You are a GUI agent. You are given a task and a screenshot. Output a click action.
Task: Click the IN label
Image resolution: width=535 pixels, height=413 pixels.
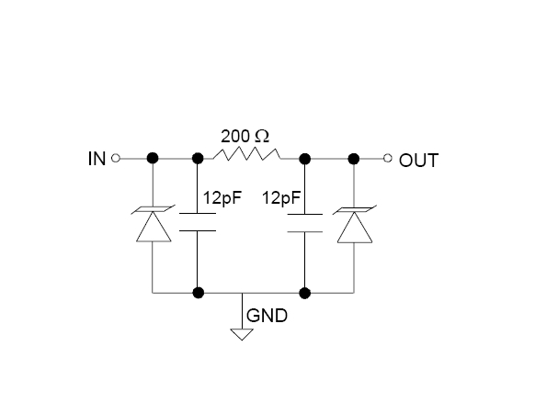click(97, 159)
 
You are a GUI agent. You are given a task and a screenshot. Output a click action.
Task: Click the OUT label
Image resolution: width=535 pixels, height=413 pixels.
click(418, 161)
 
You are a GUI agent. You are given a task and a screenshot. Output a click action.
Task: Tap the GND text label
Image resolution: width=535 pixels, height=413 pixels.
click(267, 316)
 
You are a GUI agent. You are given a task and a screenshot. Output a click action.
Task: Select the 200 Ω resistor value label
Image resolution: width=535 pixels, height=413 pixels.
click(245, 137)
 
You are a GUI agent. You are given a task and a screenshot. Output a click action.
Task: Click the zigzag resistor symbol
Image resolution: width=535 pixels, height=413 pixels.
click(247, 154)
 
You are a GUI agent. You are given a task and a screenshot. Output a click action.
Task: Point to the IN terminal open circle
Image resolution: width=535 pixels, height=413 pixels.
click(116, 159)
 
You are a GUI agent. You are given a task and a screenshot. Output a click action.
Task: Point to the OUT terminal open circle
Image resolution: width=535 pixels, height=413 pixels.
click(388, 158)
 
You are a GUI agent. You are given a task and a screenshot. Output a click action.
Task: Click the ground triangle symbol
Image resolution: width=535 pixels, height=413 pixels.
click(242, 334)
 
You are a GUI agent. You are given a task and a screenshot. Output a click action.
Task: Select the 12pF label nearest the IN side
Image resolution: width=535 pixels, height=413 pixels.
click(222, 197)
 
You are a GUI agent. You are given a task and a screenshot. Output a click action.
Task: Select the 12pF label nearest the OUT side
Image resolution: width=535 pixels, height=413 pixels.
click(281, 197)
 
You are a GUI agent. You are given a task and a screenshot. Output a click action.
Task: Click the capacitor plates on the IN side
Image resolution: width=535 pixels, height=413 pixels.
click(198, 222)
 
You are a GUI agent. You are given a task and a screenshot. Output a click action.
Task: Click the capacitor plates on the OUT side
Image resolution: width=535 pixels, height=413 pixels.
click(304, 223)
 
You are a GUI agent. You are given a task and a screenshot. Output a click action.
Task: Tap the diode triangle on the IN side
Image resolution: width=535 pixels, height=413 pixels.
click(154, 227)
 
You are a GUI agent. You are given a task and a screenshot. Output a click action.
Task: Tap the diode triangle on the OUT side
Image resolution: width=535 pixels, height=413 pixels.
click(355, 228)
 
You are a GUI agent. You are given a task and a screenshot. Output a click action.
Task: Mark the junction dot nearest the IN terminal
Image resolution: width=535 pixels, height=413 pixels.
click(153, 159)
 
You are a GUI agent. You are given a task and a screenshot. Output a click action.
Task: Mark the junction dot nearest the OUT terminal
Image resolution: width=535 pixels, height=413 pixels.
click(354, 159)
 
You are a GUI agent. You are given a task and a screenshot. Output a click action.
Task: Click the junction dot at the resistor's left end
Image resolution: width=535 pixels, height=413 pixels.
click(198, 159)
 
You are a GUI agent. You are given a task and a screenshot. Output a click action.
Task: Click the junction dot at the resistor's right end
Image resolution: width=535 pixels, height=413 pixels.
click(304, 159)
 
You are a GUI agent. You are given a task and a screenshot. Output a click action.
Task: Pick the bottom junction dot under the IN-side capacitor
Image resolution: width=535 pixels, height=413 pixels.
click(199, 293)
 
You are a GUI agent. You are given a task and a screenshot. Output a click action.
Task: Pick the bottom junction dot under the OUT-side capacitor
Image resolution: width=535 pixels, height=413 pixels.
click(304, 293)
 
